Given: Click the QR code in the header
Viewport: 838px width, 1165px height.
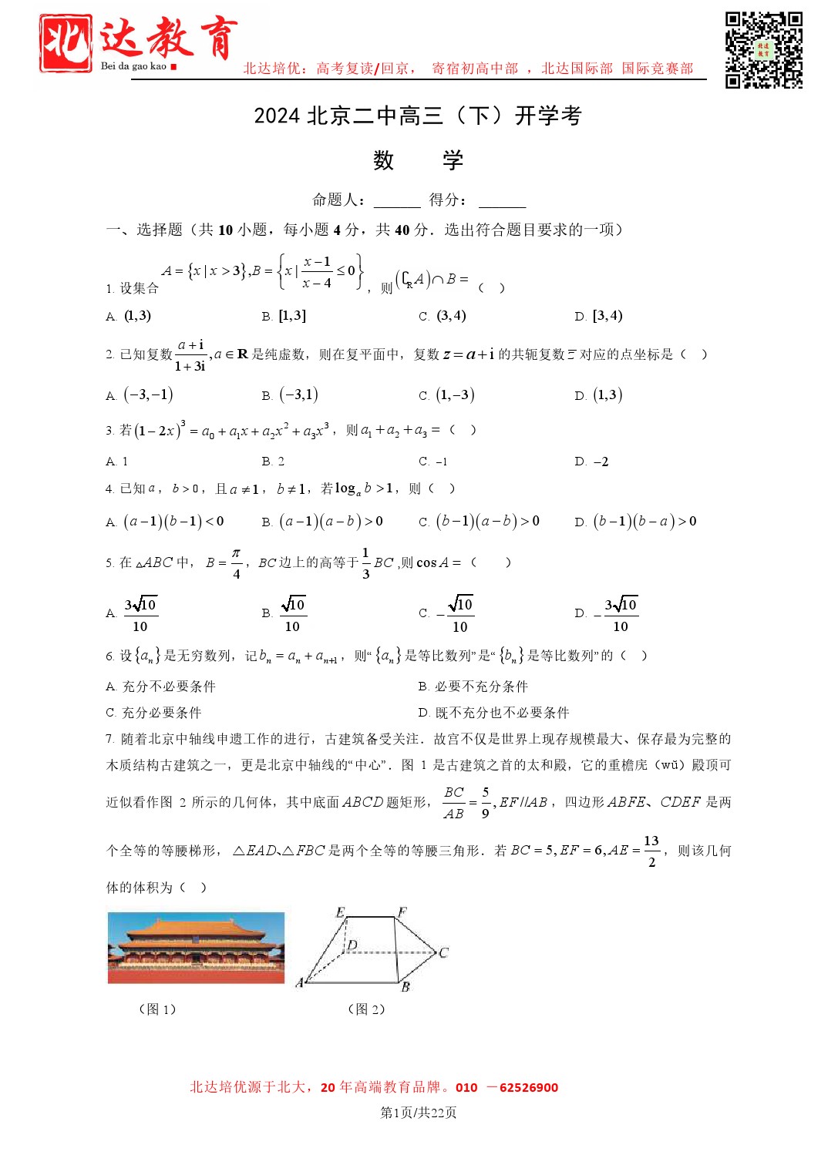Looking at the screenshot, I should click(763, 50).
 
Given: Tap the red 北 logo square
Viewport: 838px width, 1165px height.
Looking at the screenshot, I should click(66, 43).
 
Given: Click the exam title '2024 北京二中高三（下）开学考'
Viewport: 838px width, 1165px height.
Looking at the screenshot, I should click(418, 116).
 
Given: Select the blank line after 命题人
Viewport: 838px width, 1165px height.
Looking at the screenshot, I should click(397, 202).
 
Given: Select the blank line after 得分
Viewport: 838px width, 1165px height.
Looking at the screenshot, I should click(502, 202).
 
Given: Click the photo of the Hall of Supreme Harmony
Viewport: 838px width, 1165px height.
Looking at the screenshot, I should click(196, 947).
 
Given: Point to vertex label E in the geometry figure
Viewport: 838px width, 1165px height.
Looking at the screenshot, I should click(340, 912).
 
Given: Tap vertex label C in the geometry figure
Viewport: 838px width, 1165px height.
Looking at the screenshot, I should click(443, 952).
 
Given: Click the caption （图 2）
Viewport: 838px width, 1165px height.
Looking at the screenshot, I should click(366, 1009).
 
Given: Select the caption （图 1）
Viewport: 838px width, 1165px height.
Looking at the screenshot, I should click(157, 1009).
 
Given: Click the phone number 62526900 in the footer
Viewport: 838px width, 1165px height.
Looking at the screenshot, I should click(528, 1088).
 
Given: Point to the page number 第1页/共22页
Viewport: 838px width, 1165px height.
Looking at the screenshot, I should click(419, 1113).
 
